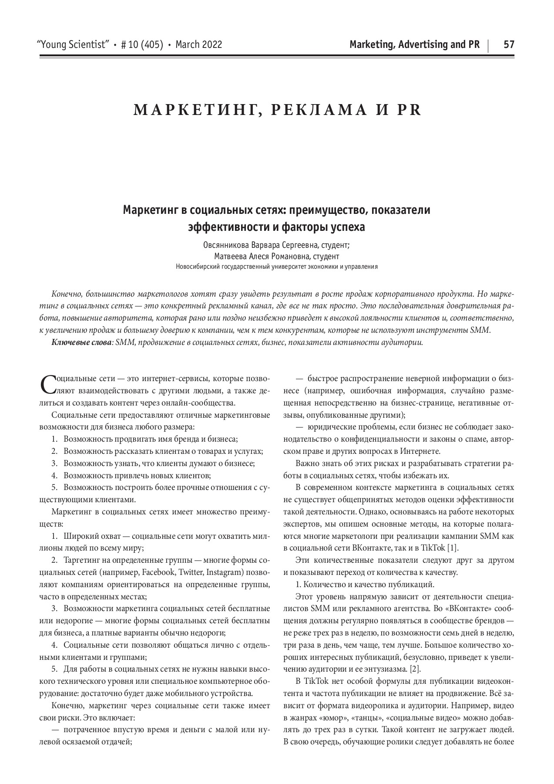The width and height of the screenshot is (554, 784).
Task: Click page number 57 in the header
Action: pos(509,44)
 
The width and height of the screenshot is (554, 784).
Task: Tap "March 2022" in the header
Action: pos(199,44)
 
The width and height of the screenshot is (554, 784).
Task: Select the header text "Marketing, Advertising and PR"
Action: pos(414,44)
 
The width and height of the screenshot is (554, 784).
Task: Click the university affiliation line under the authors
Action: pos(277,267)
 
